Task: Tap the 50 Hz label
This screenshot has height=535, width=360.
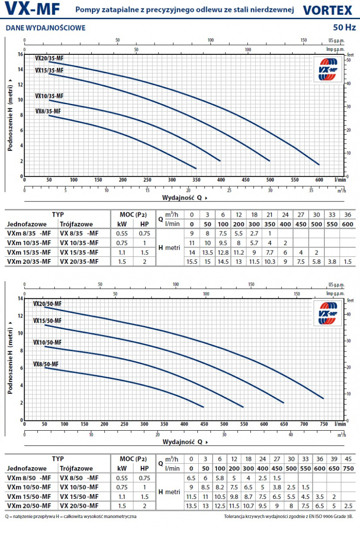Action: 344,28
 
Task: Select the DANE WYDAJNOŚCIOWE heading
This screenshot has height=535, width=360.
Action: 45,28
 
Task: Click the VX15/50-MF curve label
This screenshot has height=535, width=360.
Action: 47,321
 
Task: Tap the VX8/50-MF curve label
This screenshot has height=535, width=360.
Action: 45,364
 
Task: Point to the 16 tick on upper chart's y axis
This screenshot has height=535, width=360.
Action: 20,54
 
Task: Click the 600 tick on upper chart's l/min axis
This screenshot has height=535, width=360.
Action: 319,180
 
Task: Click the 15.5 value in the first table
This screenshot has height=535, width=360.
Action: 192,261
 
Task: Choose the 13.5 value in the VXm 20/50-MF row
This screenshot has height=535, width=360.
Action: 191,506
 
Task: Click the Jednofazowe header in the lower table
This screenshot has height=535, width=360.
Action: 26,469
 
